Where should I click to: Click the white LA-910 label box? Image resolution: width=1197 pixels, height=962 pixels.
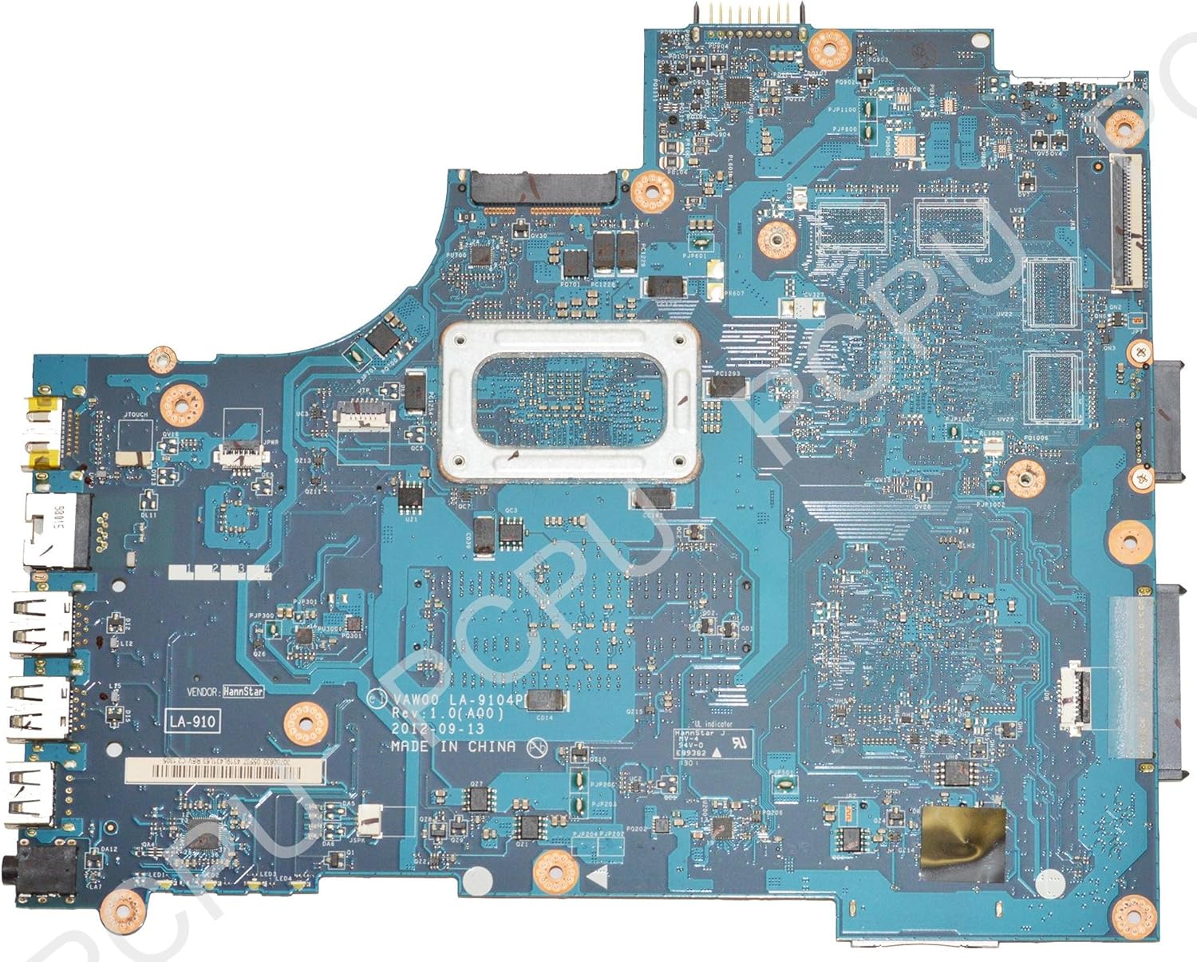192,722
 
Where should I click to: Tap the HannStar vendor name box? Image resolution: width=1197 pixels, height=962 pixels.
243,692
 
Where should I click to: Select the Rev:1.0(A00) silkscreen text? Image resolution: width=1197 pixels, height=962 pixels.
447,715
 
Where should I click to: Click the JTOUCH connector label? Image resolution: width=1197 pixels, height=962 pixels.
136,415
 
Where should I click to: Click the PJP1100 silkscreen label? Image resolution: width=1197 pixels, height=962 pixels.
843,109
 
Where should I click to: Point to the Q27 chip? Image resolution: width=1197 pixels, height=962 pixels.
476,799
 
